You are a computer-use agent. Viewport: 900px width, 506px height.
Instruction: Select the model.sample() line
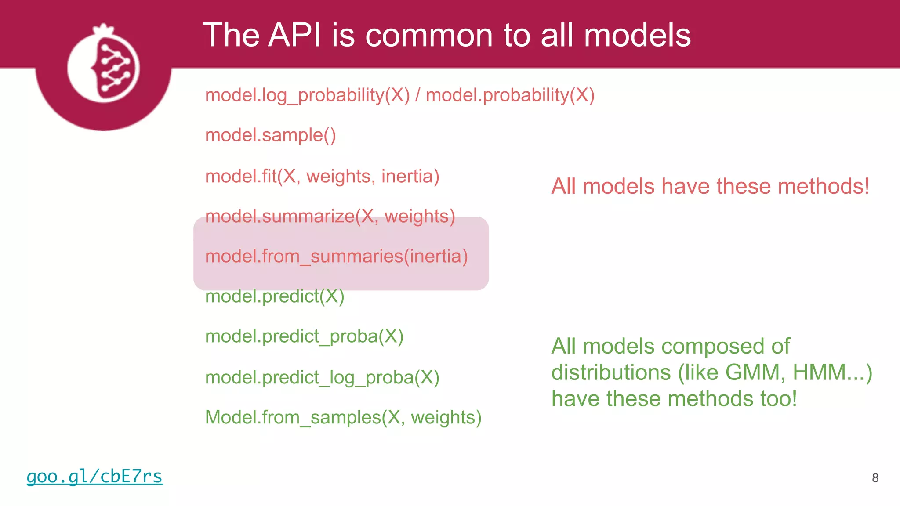pyautogui.click(x=270, y=135)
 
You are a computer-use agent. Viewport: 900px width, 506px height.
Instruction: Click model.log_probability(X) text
pyautogui.click(x=307, y=95)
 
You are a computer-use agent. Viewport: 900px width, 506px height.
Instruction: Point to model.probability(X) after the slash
pyautogui.click(x=510, y=95)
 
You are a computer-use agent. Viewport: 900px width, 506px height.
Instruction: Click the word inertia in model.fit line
pyautogui.click(x=410, y=177)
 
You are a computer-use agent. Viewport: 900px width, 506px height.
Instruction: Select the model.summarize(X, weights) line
pyautogui.click(x=330, y=217)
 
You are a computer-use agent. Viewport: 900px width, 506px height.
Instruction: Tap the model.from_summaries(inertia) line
pyautogui.click(x=336, y=257)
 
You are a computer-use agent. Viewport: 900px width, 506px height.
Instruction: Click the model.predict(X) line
pyautogui.click(x=275, y=296)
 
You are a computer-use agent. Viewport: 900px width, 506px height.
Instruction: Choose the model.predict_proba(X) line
pyautogui.click(x=304, y=337)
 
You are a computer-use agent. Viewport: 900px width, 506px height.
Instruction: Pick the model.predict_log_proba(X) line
pyautogui.click(x=322, y=378)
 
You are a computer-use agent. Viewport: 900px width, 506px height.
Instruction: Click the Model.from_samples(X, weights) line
pyautogui.click(x=343, y=417)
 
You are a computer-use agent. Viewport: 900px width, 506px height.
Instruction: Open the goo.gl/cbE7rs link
pyautogui.click(x=94, y=477)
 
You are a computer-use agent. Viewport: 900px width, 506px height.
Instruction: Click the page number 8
pyautogui.click(x=875, y=478)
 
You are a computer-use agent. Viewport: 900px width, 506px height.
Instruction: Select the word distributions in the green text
pyautogui.click(x=611, y=372)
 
